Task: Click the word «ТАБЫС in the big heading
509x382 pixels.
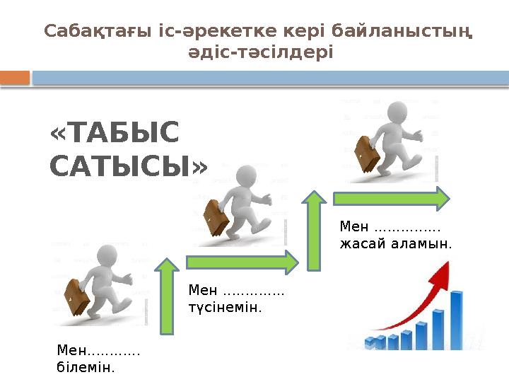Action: click(115, 133)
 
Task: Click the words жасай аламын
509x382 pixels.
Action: click(395, 243)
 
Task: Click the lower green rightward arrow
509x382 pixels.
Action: click(242, 261)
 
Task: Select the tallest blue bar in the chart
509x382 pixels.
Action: click(456, 318)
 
